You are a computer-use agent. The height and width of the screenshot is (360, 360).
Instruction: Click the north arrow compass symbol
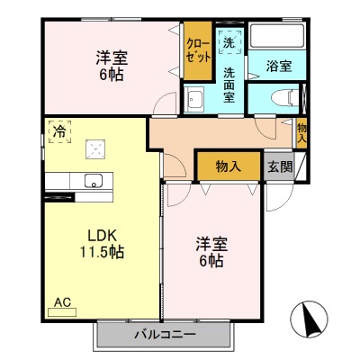(310, 319)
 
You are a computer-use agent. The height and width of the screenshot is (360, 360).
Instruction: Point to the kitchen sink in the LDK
(92, 181)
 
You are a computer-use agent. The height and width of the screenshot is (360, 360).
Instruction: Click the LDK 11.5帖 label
(99, 243)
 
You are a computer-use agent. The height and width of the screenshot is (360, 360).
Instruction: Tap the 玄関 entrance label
(278, 166)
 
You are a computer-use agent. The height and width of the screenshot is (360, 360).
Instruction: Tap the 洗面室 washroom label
(229, 85)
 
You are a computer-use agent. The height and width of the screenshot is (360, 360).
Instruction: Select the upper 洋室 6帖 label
(112, 66)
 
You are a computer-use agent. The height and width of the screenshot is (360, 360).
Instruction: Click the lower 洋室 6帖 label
(211, 252)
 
